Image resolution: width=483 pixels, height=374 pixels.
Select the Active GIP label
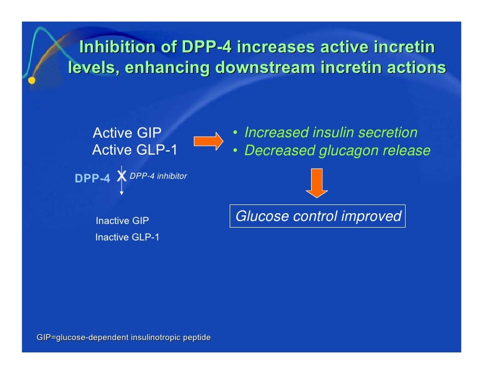(x=127, y=134)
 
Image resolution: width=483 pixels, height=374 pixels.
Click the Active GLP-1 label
(x=134, y=151)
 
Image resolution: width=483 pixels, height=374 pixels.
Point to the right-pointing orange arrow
(x=208, y=141)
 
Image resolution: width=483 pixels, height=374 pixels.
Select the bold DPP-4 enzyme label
(x=92, y=179)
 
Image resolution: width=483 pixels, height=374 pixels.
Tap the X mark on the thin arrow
(x=122, y=176)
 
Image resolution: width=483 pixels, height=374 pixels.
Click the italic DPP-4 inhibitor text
(x=158, y=176)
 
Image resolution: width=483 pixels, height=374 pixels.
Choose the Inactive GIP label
(x=122, y=221)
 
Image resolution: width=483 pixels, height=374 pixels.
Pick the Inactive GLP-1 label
(x=127, y=237)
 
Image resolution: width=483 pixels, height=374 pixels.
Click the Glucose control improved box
(x=317, y=216)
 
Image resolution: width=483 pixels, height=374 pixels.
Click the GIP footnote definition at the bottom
(x=124, y=338)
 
